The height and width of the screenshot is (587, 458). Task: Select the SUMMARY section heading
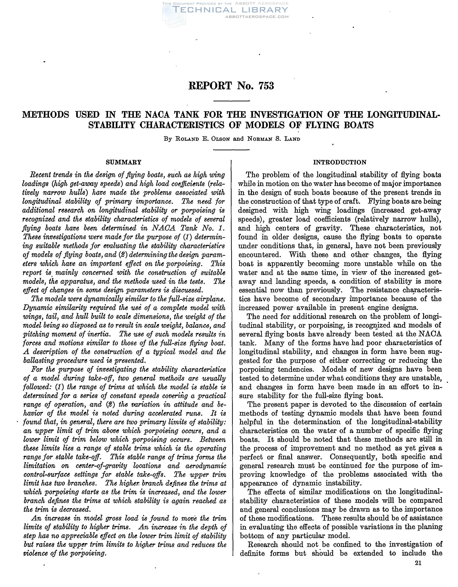click(124, 162)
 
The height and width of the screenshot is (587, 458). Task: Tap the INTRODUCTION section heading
click(340, 162)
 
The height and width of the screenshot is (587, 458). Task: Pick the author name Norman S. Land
click(274, 139)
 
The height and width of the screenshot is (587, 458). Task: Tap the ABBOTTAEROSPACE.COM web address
click(257, 17)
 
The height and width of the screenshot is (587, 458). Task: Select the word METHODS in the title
click(46, 114)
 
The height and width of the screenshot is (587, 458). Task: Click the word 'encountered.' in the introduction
click(261, 254)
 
